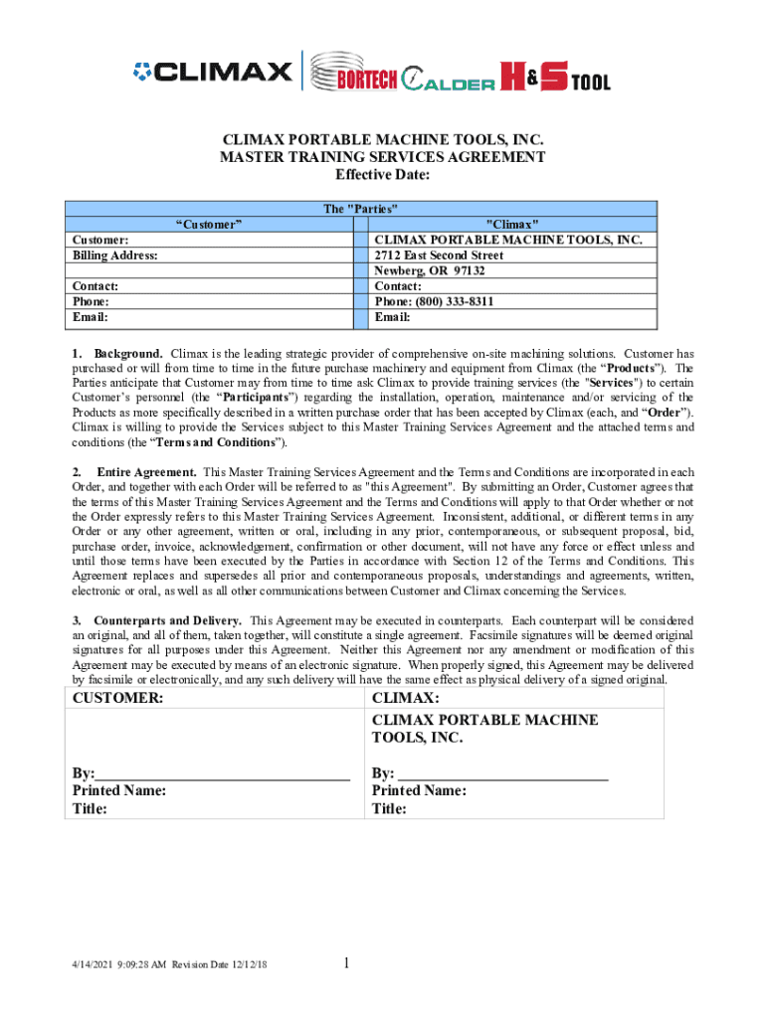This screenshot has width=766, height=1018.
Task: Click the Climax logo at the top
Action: (213, 73)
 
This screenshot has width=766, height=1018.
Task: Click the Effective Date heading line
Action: (382, 176)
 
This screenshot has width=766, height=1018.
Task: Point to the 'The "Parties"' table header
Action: (361, 209)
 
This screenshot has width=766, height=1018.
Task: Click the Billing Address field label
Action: (115, 255)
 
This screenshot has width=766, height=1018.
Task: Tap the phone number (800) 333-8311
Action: (435, 302)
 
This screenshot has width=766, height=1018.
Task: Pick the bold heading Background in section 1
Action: (128, 354)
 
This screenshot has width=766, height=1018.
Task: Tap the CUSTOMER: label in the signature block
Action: (117, 699)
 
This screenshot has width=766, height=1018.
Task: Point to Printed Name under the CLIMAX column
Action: (419, 791)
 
